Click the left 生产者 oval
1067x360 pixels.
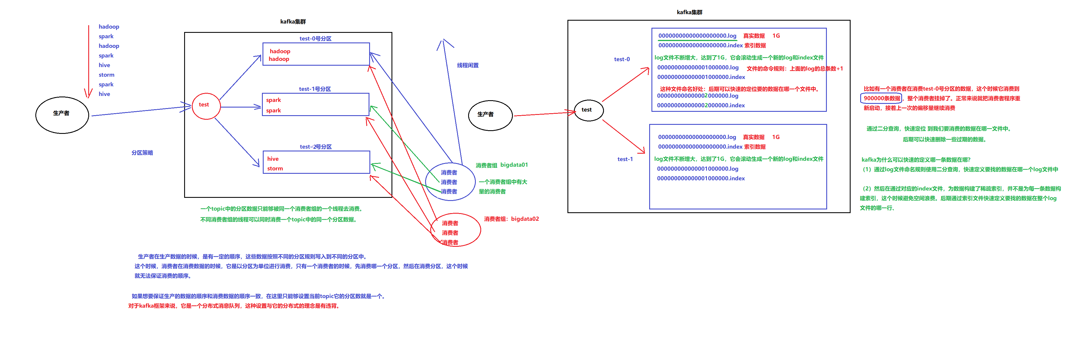click(62, 115)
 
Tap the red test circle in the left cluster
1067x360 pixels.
click(205, 106)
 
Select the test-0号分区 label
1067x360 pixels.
click(315, 38)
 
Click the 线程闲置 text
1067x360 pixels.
click(468, 65)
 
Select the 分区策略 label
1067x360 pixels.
click(142, 153)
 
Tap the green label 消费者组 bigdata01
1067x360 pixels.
click(501, 165)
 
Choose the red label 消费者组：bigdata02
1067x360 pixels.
click(511, 219)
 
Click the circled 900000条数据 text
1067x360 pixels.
click(881, 98)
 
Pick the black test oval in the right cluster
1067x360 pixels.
click(588, 110)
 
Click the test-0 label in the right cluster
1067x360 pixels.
click(621, 59)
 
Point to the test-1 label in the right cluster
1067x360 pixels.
click(625, 159)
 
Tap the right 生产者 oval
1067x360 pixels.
click(490, 115)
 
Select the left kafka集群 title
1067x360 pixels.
click(293, 22)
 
